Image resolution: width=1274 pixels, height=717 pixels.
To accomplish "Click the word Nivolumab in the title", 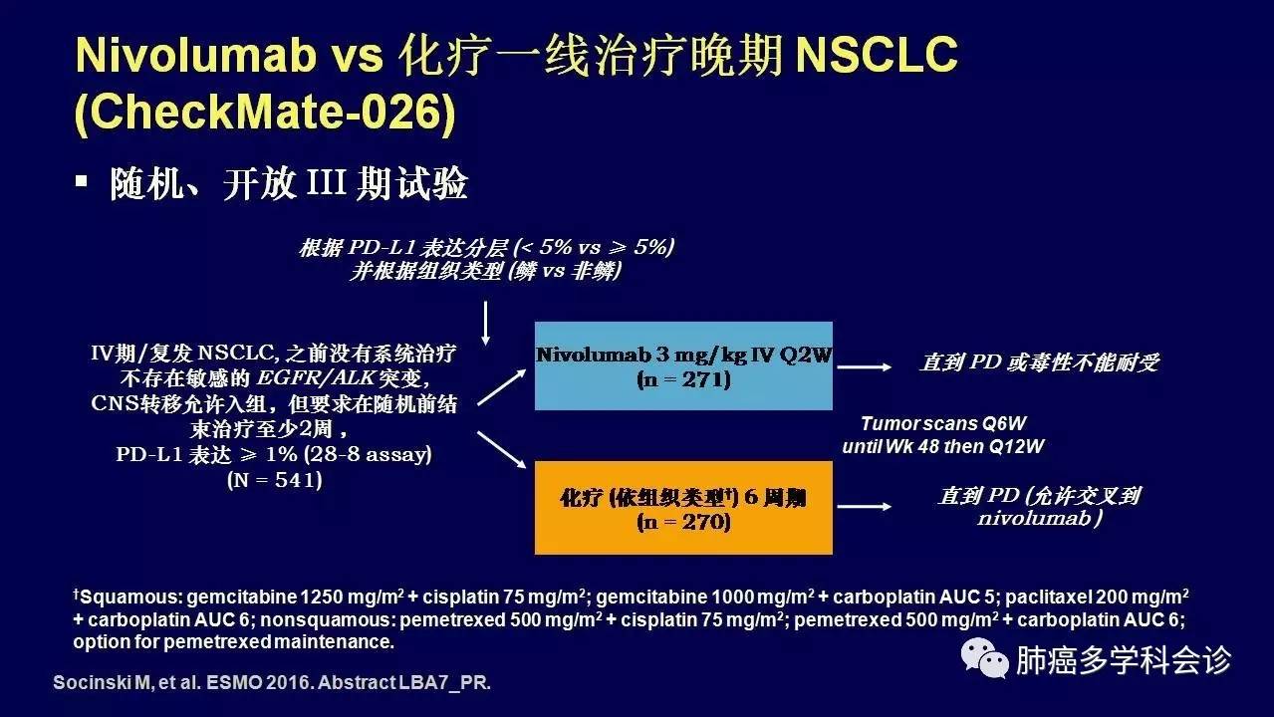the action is pos(195,55).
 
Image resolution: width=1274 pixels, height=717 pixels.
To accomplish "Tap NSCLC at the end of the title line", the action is pos(877,55).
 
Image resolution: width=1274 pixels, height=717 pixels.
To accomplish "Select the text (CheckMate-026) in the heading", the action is pos(265,112).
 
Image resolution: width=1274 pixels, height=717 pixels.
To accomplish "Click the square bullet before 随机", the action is pos(82,181).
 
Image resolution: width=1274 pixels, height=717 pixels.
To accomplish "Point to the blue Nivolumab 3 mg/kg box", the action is pos(683,365).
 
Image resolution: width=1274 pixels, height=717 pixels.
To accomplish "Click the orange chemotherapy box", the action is pos(683,508).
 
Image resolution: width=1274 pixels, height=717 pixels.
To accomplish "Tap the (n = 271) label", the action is pos(683,379).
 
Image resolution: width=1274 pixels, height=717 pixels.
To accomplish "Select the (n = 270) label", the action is pos(683,522).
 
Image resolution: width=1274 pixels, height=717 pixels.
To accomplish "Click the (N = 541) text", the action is pos(275,480).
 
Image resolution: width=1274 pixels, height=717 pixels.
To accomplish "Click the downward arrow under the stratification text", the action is pos(486,323).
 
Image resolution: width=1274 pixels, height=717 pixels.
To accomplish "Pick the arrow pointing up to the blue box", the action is pos(502,387).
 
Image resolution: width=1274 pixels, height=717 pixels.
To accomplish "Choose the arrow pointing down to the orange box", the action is pos(502,450).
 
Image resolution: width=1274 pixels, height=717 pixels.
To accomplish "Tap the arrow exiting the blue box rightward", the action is pos(865,367).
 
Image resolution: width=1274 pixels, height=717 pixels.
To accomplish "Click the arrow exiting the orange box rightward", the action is pos(865,507).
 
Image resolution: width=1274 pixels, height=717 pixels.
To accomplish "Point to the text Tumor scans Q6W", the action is pos(943,423).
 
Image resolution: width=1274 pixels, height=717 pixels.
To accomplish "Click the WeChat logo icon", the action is pos(984,658).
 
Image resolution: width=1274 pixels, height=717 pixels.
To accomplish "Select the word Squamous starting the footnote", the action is pos(129,597).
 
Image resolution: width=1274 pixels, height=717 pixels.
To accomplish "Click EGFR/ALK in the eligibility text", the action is pos(316,378).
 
